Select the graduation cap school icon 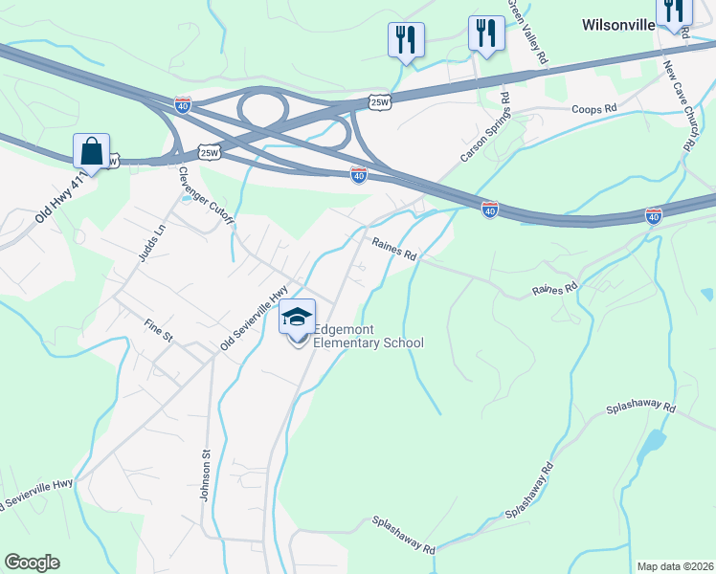[298, 317]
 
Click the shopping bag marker [91, 150]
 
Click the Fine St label [158, 338]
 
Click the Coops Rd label [593, 110]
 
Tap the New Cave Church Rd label [678, 105]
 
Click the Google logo [32, 563]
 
